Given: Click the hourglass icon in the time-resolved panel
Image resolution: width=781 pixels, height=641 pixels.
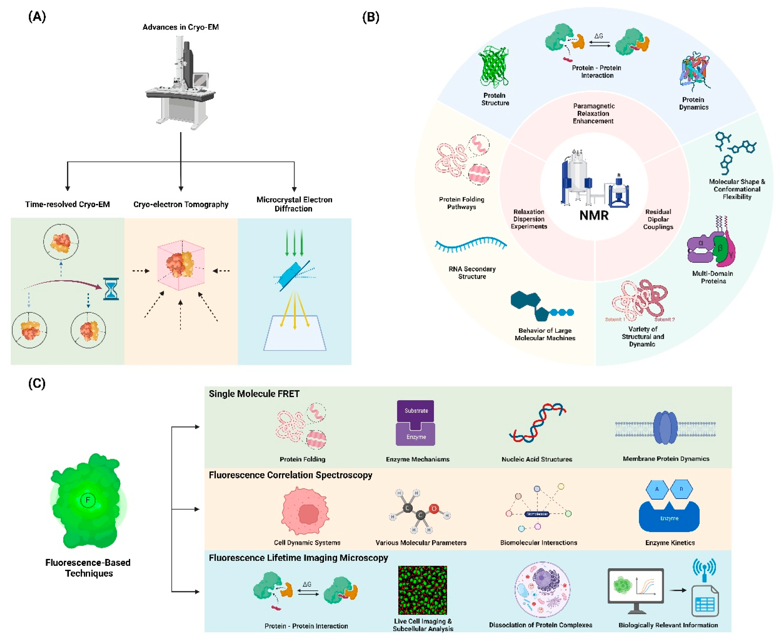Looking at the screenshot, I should pos(111,289).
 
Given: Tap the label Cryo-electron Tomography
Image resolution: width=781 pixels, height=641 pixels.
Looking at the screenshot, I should pos(181,204).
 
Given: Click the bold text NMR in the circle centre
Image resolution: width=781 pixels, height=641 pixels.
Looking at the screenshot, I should pos(594,215).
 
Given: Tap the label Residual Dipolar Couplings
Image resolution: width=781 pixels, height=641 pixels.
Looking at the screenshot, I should pos(658,219).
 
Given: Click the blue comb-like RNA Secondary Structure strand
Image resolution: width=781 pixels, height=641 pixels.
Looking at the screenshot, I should pos(470,244).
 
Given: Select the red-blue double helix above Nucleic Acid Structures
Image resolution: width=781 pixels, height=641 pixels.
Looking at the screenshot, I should pos(537,423).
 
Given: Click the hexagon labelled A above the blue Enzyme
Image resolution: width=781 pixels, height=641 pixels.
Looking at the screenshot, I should pos(657,489).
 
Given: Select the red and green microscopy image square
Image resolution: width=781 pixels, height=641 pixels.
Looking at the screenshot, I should pos(422,590).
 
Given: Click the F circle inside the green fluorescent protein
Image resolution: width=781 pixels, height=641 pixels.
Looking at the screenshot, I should pos(88,500).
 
